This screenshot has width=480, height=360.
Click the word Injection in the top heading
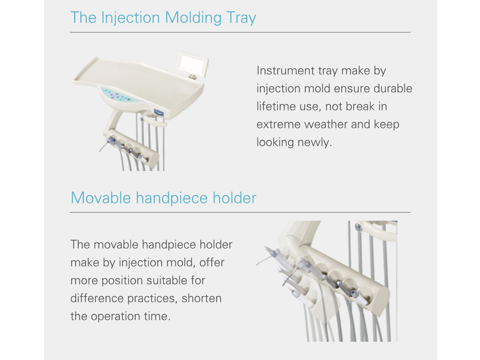click(130, 18)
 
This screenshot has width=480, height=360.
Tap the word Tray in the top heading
click(241, 18)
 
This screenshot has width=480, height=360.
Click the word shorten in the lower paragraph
click(202, 298)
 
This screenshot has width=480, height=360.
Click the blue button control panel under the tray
click(117, 95)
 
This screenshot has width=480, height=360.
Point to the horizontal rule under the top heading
click(240, 32)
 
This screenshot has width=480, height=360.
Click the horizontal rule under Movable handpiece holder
click(240, 212)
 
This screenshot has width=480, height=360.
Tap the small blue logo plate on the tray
click(159, 112)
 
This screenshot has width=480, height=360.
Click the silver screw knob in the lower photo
click(358, 227)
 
